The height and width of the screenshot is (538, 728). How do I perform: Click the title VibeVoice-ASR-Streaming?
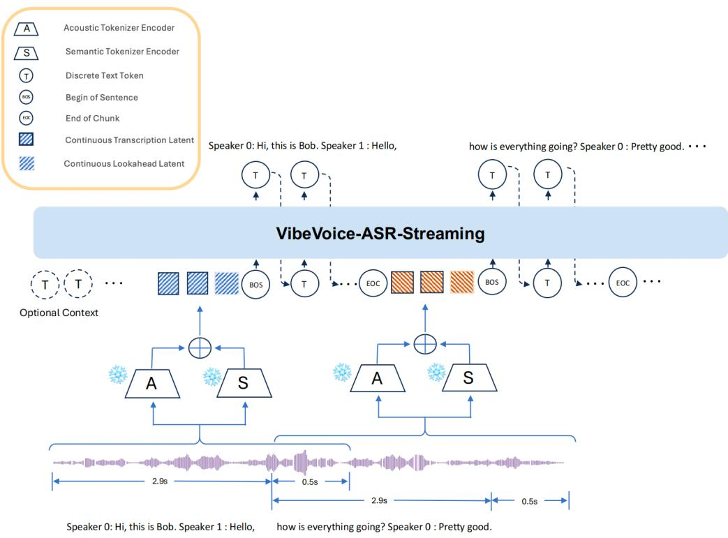380,233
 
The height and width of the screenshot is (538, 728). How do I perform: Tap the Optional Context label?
59,313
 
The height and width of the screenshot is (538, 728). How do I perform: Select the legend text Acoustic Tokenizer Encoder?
119,28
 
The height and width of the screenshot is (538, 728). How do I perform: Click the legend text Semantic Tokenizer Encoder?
122,52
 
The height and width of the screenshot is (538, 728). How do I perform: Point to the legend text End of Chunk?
92,119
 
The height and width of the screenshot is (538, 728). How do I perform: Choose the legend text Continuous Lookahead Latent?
124,163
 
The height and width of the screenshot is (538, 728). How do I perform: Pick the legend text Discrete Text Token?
105,75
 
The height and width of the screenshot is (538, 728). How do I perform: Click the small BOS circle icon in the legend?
26,97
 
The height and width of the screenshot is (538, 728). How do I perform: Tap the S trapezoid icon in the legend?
26,53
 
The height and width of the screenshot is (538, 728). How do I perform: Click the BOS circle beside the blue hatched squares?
256,285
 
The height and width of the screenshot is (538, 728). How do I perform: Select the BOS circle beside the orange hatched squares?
491,282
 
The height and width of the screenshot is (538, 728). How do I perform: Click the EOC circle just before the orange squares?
373,283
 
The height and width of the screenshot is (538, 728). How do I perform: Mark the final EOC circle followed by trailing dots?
623,283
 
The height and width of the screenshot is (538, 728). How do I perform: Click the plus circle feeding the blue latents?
200,348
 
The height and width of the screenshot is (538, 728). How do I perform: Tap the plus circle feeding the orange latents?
425,344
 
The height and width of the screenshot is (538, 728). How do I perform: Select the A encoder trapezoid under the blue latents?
152,384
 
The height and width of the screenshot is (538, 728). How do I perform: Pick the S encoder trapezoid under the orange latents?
469,378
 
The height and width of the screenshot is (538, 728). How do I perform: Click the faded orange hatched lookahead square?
462,282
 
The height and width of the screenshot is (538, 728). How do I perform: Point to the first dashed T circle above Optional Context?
45,284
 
